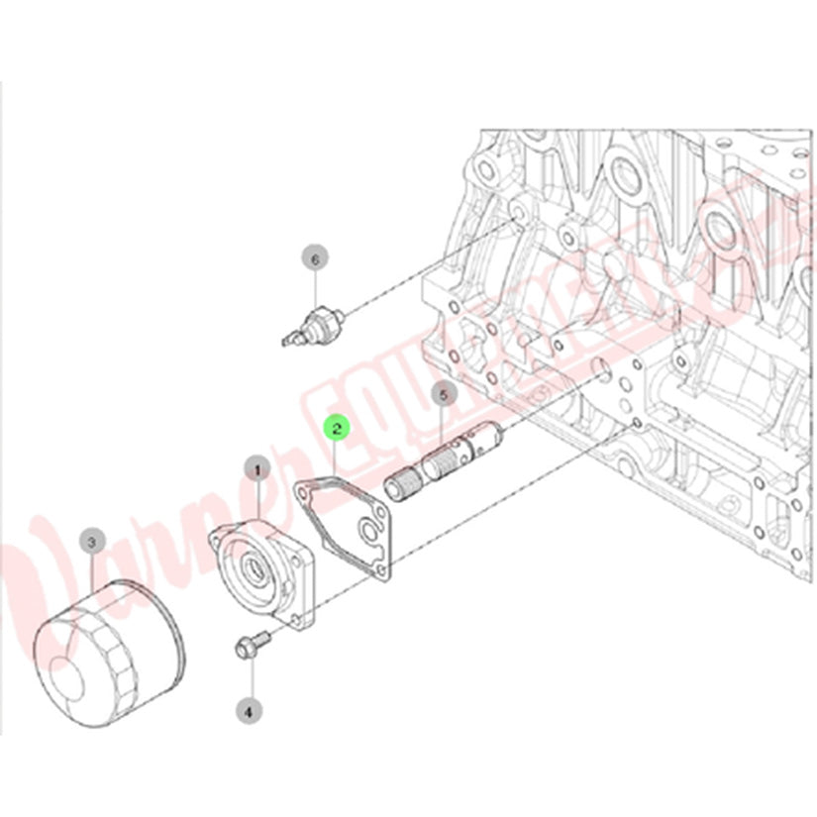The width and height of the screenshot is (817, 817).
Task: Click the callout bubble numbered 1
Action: (x=258, y=467)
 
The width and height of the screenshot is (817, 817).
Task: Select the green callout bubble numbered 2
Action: (x=337, y=428)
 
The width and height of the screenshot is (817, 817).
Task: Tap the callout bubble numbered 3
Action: (x=91, y=542)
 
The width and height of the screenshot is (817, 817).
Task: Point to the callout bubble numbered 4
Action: (x=249, y=709)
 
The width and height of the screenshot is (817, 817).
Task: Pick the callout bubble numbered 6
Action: (x=314, y=259)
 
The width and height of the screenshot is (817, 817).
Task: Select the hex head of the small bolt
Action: (x=244, y=650)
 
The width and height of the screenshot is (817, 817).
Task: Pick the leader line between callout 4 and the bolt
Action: (x=250, y=679)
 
